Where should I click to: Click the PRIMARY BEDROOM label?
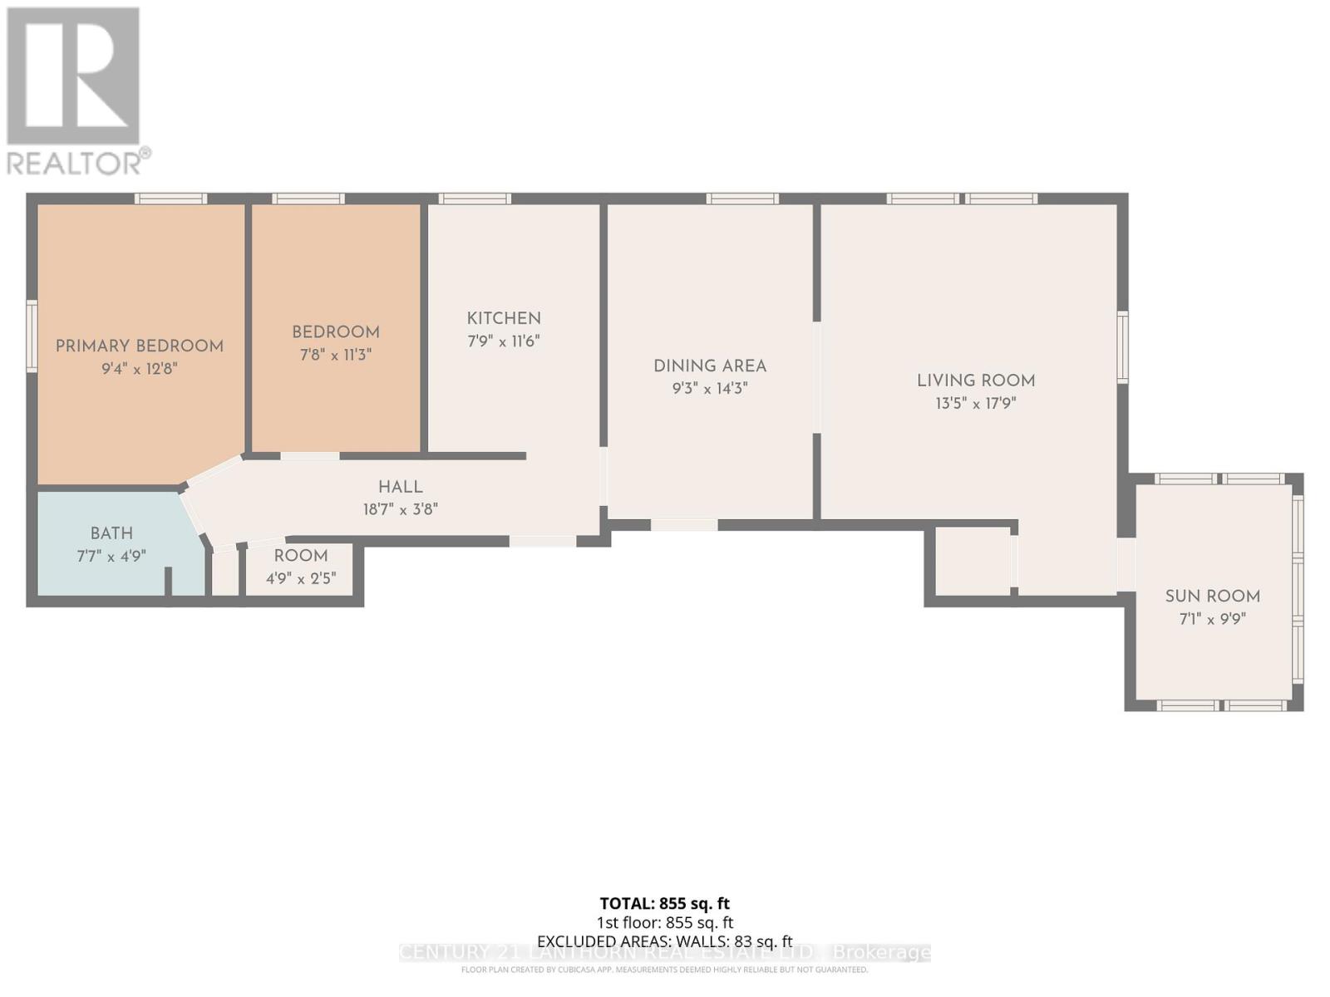(x=140, y=346)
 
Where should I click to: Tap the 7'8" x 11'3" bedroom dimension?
(x=335, y=355)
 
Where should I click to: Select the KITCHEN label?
(x=504, y=318)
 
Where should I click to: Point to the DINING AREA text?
(x=710, y=366)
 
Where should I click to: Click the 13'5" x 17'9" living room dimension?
(x=976, y=404)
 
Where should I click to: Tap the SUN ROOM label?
(x=1212, y=596)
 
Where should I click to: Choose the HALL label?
(x=401, y=488)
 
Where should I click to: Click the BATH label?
(x=111, y=533)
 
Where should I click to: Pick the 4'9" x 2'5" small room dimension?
(x=301, y=578)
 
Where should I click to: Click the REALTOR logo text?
(x=79, y=162)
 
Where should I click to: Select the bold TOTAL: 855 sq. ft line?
(x=664, y=903)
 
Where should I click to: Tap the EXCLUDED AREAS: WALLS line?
(x=664, y=941)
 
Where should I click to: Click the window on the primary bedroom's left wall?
(x=32, y=336)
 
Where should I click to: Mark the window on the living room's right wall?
(x=1122, y=346)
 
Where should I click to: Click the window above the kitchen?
(x=475, y=199)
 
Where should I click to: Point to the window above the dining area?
(x=742, y=199)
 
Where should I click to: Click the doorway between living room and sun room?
(x=1126, y=565)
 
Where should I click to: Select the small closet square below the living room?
(x=973, y=561)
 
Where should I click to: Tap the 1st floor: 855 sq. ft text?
(x=664, y=922)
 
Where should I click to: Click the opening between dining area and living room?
(x=816, y=377)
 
